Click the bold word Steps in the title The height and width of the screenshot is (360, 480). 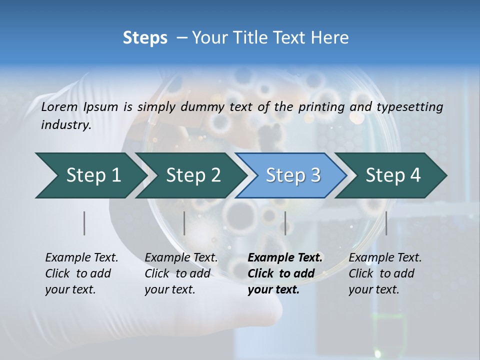point(145,38)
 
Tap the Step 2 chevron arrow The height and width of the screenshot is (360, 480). point(190,175)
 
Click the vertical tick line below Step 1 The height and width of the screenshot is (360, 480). point(84,223)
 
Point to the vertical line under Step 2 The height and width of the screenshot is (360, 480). point(184,223)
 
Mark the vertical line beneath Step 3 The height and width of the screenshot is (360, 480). point(285,223)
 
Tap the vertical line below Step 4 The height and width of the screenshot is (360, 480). point(386,223)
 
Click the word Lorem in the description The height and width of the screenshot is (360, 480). point(59,106)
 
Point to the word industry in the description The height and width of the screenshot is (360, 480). point(66,125)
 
